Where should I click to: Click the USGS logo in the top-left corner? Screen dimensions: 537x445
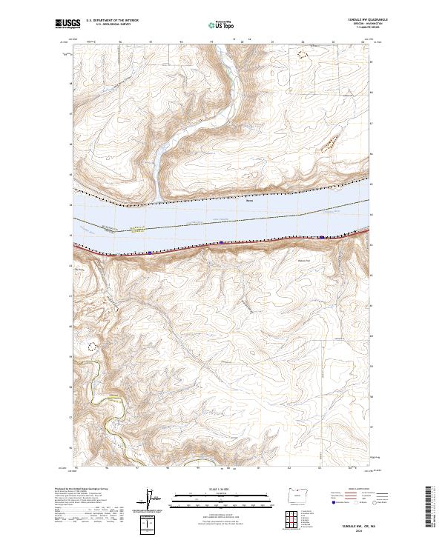tap(66, 24)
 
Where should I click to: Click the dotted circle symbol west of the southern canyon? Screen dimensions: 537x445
tap(93, 345)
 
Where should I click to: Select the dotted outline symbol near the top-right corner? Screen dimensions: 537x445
tap(301, 53)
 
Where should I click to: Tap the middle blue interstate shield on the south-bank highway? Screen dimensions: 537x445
tap(221, 242)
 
